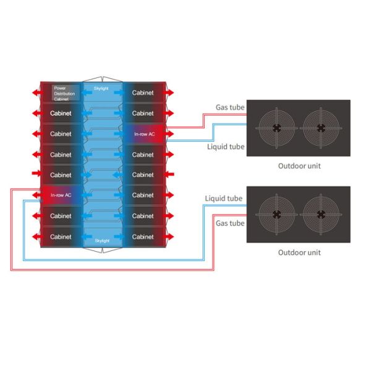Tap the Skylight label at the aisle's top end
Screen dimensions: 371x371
(101, 89)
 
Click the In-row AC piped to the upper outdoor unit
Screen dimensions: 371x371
(143, 134)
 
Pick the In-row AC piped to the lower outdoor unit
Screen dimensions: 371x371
(61, 195)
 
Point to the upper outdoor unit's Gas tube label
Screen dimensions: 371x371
(229, 107)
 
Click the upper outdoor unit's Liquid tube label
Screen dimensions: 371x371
(226, 147)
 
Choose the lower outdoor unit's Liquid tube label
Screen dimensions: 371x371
(223, 198)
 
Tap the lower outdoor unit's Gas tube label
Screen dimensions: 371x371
(229, 223)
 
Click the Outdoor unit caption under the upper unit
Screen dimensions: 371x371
(299, 166)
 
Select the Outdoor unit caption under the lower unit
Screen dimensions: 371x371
(299, 252)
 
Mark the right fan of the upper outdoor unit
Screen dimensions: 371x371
(321, 128)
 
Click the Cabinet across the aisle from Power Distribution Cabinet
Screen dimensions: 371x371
(143, 93)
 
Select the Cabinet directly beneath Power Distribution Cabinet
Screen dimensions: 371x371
(61, 114)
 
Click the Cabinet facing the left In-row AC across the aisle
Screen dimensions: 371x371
(143, 195)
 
